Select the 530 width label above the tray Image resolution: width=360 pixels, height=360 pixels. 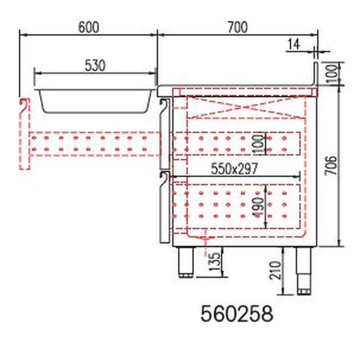tap(94, 65)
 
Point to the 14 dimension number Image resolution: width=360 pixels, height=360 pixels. tap(294, 44)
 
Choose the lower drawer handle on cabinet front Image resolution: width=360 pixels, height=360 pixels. tap(163, 207)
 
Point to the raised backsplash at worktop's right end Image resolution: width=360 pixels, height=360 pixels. tap(316, 76)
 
